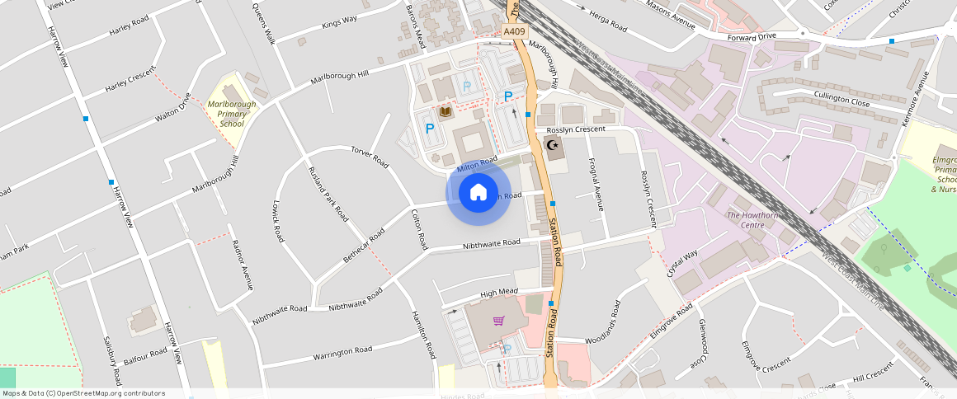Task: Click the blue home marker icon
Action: point(478,193)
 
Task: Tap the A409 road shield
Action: point(514,31)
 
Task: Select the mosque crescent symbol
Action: point(553,148)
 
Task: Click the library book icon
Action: point(445,112)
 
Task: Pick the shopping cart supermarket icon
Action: point(498,321)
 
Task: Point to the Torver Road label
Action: point(370,157)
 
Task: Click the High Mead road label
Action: point(498,293)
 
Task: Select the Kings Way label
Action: point(340,21)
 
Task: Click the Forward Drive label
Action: point(752,36)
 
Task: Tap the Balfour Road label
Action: point(145,356)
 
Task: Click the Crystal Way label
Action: point(684,263)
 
